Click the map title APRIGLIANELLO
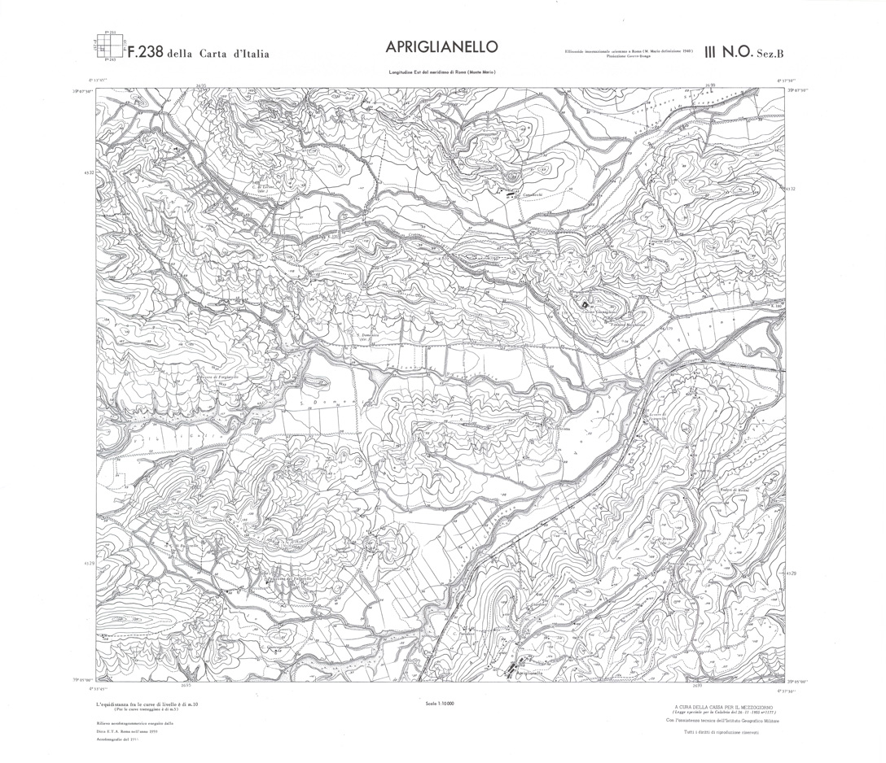pyautogui.click(x=441, y=47)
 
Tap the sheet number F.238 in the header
pyautogui.click(x=140, y=54)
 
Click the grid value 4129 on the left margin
pyautogui.click(x=89, y=562)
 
